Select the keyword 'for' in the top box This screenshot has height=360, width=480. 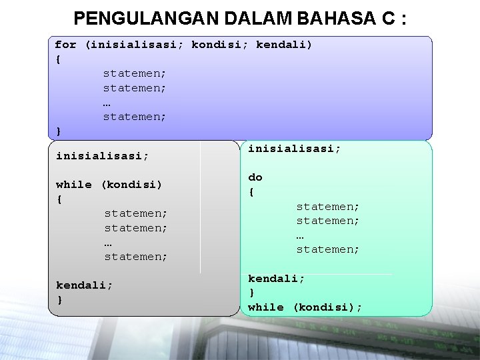tap(65, 45)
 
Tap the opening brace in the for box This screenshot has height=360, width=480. tap(59, 59)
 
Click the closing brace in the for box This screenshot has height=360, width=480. tap(59, 131)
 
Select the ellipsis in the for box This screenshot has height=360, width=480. tap(107, 103)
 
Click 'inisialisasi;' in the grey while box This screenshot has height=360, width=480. tap(102, 156)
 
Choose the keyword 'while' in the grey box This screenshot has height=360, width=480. tap(74, 185)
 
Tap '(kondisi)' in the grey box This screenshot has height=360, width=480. tap(131, 185)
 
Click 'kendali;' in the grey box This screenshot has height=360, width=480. tap(85, 285)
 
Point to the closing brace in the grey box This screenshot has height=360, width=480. tap(60, 299)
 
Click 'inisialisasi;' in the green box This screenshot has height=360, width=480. tap(294, 149)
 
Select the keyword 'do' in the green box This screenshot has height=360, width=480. tap(255, 177)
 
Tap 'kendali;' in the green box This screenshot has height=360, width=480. tap(277, 279)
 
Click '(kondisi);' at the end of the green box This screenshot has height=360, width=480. tap(327, 307)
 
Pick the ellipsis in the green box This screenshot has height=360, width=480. tap(301, 235)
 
